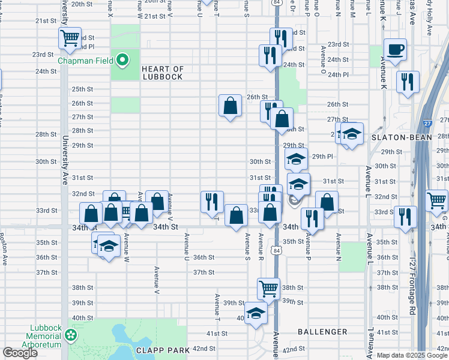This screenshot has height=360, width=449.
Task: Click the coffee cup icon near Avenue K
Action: point(395,50)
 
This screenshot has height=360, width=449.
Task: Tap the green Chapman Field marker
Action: point(122,59)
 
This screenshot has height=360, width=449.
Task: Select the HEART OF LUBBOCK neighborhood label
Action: point(170,73)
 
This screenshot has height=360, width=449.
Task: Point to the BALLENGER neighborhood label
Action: point(322,331)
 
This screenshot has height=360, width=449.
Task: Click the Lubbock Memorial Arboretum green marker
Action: point(71,335)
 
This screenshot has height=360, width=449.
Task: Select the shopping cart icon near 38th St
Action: point(268,289)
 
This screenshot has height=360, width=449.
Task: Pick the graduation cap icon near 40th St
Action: point(256,313)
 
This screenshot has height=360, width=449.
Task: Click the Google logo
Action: point(20,353)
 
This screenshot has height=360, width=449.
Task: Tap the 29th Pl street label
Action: point(322,156)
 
